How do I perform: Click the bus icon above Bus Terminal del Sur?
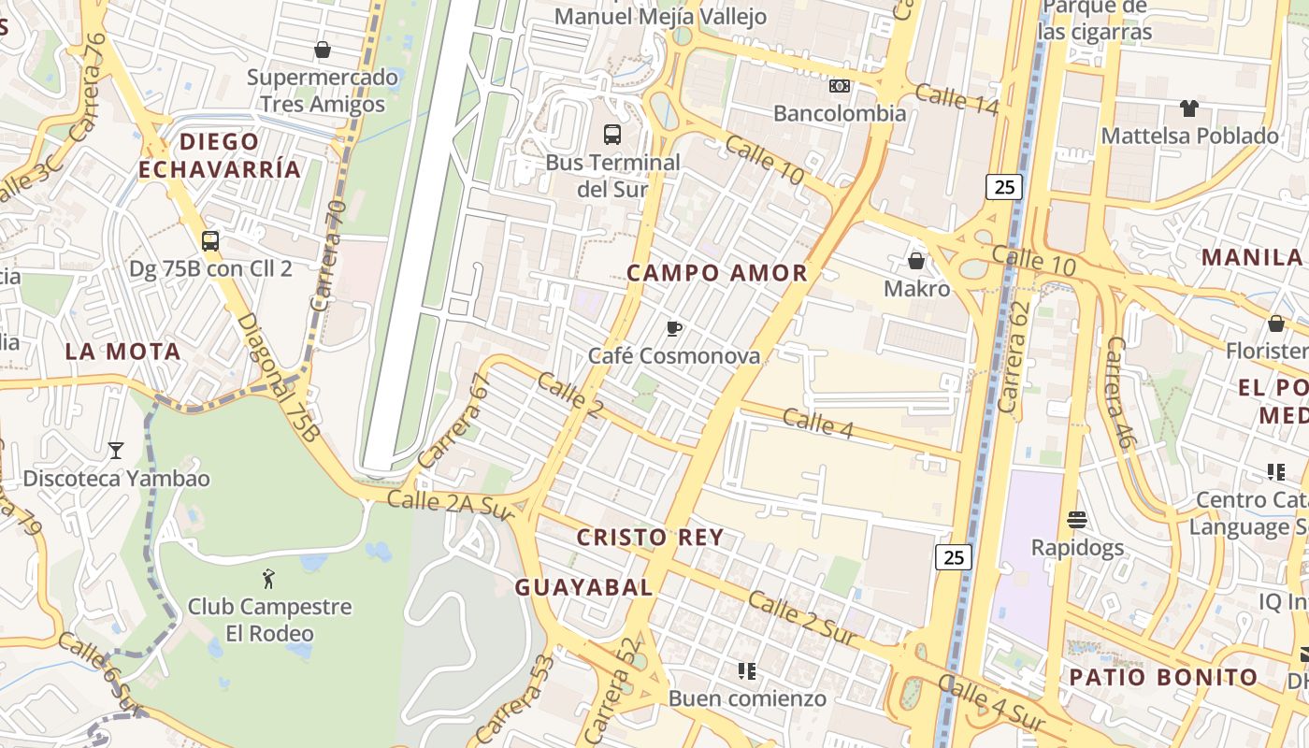coord(612,135)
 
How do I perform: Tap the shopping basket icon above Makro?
coord(916,261)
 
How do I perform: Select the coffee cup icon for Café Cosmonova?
coord(673,328)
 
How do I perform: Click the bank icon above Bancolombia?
coord(840,86)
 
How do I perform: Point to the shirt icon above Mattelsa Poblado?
coord(1188,108)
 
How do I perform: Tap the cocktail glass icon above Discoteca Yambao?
coord(116,451)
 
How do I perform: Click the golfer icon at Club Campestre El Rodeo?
coord(269,579)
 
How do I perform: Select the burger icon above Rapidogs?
coord(1077,519)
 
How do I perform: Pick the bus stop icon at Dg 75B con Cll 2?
coord(210,241)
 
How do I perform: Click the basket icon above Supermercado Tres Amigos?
coord(323,50)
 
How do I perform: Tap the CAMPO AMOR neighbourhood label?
coord(717,273)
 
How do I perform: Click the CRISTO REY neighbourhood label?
coord(650,538)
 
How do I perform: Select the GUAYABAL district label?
coord(584,587)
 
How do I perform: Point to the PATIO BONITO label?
coord(1164,677)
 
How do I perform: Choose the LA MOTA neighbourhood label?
coord(122,352)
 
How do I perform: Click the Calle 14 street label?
coord(957,99)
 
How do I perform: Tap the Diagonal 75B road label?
coord(278,376)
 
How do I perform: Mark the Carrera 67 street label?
coord(454,421)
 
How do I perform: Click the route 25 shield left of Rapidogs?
coord(954,558)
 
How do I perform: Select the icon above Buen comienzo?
coord(746,670)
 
